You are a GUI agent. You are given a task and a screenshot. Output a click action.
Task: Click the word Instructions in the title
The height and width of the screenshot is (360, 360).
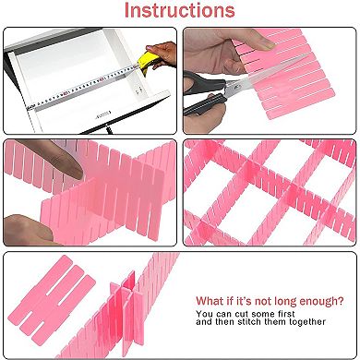click(179, 12)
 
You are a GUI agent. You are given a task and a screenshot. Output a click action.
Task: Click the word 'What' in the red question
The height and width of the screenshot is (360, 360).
click(211, 301)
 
